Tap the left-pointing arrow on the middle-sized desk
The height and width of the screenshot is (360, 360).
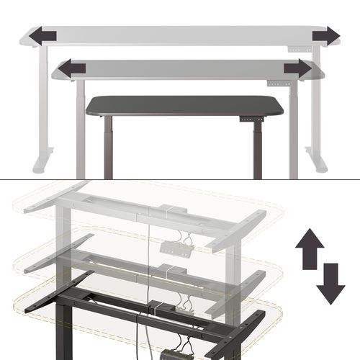[x=72, y=68]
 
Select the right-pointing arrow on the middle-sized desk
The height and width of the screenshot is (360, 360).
[x=297, y=68]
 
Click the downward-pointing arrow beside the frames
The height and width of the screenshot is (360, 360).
[x=329, y=283]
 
